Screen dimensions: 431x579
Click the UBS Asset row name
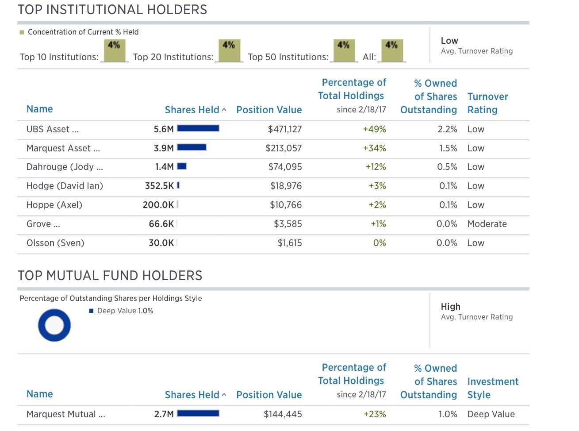(x=53, y=129)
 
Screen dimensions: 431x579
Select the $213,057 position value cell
(x=284, y=148)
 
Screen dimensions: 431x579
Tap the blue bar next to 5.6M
(x=198, y=128)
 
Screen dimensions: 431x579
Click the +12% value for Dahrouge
(x=376, y=167)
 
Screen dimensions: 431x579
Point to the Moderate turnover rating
(x=487, y=224)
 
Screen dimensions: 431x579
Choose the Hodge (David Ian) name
(x=65, y=186)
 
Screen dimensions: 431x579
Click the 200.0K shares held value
(x=158, y=205)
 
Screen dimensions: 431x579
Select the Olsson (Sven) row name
(x=55, y=243)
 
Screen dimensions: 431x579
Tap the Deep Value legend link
(x=117, y=311)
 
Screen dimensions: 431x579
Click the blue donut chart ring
(x=42, y=325)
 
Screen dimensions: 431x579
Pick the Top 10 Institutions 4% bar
(x=114, y=50)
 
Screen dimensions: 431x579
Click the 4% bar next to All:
(x=391, y=50)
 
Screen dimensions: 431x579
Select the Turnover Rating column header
(x=487, y=103)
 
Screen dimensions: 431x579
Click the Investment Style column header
(x=493, y=388)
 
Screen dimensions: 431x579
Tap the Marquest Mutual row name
(x=66, y=414)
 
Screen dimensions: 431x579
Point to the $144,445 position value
(x=283, y=414)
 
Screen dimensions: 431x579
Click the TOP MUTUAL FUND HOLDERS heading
(x=110, y=276)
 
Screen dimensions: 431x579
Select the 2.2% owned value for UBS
(x=447, y=129)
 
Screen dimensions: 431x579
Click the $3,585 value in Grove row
(x=288, y=224)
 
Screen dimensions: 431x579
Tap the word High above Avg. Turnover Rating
(x=450, y=307)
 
